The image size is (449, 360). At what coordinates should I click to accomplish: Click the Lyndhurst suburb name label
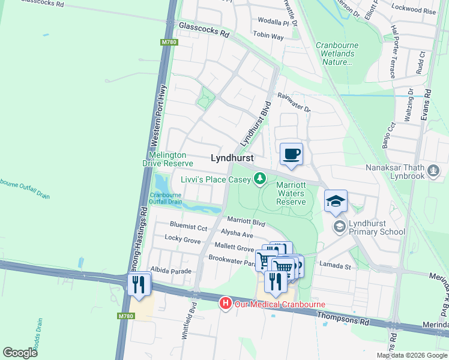[x=232, y=158]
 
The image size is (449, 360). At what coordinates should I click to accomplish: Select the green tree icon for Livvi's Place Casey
[x=259, y=178]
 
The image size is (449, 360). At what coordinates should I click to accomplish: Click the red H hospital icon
[x=225, y=304]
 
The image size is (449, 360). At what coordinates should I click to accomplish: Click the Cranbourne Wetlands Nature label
[x=336, y=53]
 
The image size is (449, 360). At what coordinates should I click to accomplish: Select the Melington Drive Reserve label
[x=167, y=159]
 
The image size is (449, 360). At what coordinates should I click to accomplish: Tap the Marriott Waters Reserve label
[x=291, y=194]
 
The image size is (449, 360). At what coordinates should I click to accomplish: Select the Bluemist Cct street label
[x=188, y=228]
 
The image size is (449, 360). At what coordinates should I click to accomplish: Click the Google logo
[x=20, y=353]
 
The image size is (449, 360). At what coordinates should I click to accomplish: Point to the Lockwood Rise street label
[x=413, y=10]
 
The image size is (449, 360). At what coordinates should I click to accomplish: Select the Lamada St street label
[x=335, y=265]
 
